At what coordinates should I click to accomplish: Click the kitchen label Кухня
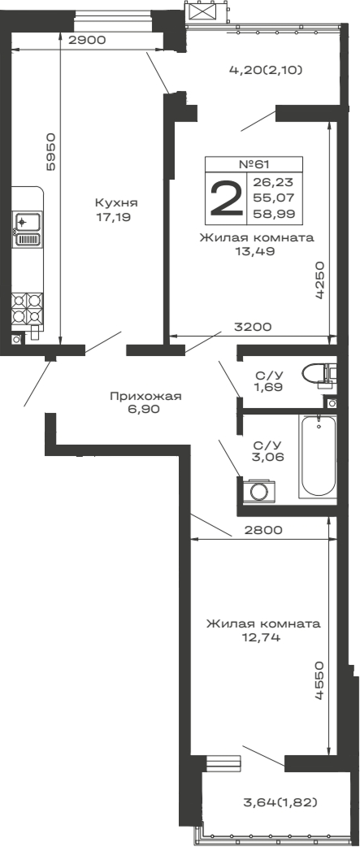tap(115, 203)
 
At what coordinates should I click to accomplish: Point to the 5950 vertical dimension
tap(51, 151)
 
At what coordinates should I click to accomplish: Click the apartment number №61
tap(254, 163)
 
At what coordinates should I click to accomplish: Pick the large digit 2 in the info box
tap(226, 198)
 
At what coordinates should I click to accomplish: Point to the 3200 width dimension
tap(252, 327)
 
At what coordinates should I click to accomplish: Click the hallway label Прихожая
tap(145, 396)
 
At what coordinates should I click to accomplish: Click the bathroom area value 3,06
tap(267, 458)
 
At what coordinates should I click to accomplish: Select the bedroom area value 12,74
tap(262, 638)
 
